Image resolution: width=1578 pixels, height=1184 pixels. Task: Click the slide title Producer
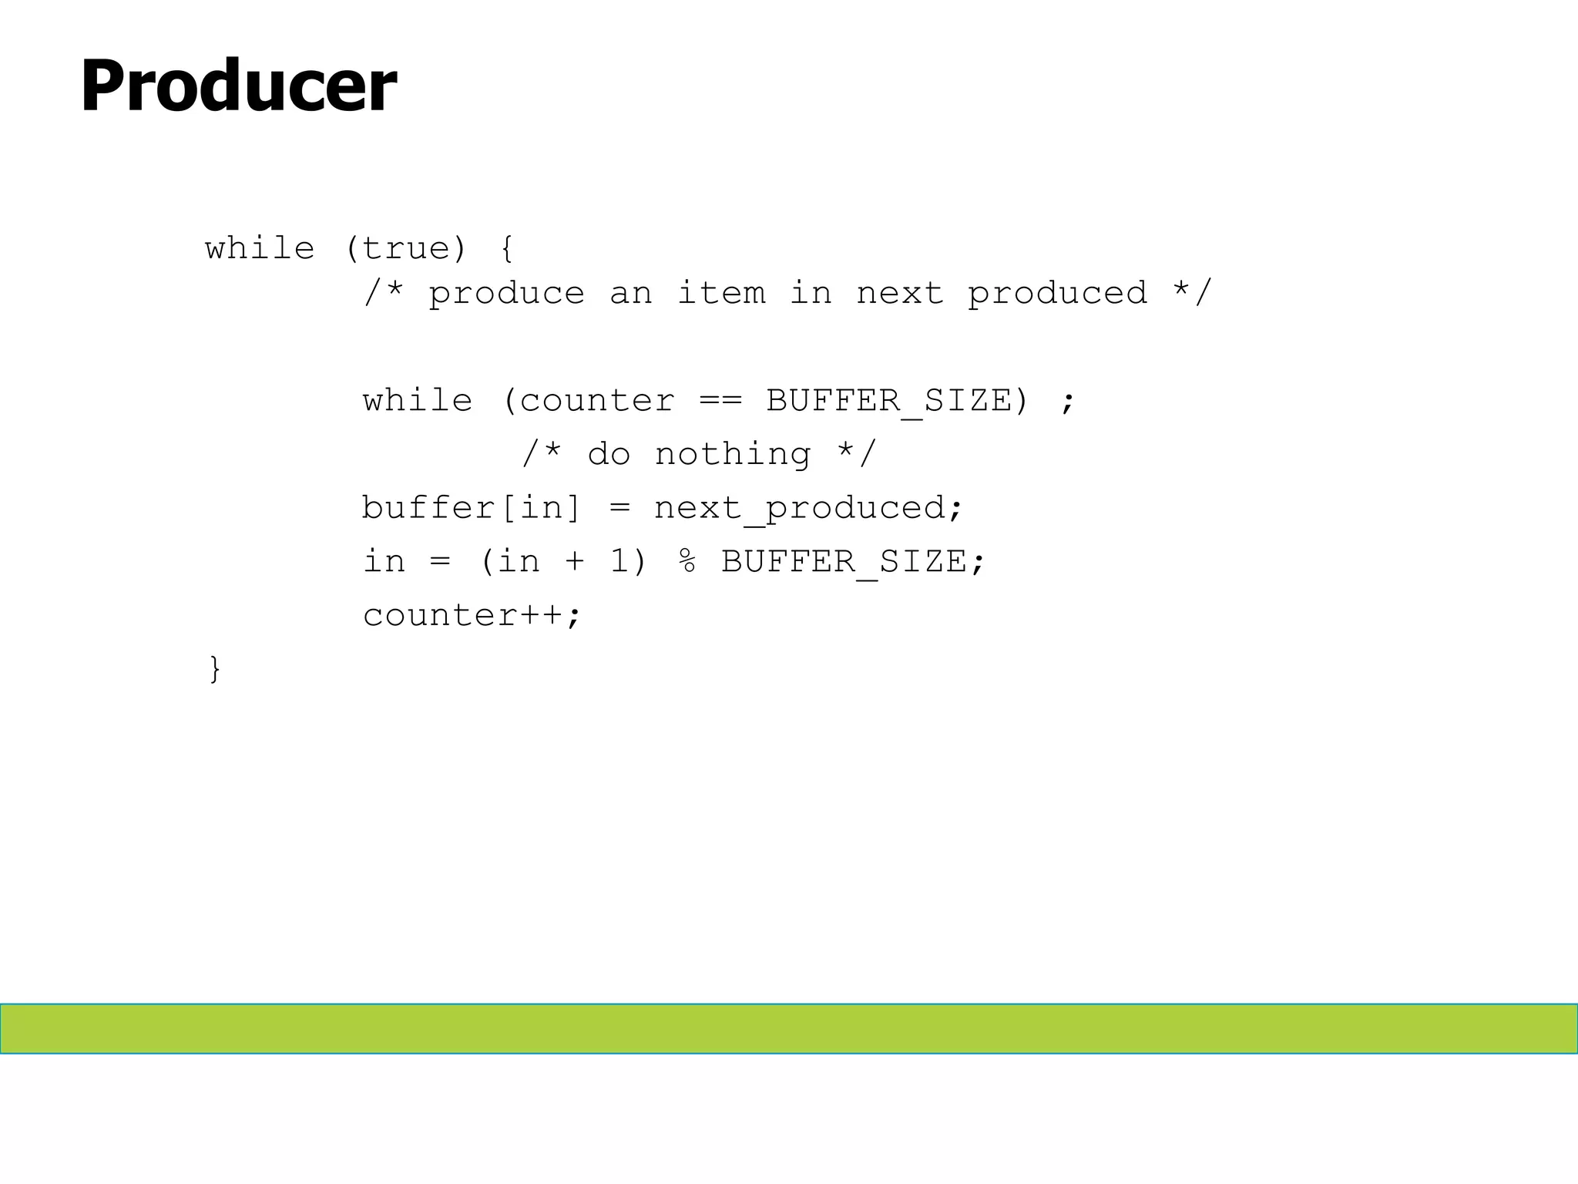point(238,86)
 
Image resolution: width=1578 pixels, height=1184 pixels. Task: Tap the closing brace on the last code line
point(215,668)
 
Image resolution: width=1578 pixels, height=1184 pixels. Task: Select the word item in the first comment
point(721,294)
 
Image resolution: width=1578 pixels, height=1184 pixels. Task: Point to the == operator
point(720,401)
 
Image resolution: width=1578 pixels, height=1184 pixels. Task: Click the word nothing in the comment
point(733,455)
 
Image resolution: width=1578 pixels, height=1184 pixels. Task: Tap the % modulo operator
point(687,562)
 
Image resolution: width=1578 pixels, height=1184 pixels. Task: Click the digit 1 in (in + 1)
point(619,562)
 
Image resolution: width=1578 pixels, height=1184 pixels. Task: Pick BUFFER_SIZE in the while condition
point(888,401)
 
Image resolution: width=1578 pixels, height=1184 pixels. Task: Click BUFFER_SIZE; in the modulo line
point(853,562)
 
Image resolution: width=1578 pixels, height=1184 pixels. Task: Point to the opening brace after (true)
point(506,249)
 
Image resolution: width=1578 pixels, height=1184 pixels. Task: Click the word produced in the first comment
point(1057,294)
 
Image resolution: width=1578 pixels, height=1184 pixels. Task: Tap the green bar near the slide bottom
point(789,1028)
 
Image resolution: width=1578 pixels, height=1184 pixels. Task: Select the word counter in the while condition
point(597,401)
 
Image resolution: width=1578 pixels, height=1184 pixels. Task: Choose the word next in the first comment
point(900,294)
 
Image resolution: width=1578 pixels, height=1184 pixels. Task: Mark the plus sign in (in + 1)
point(575,562)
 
